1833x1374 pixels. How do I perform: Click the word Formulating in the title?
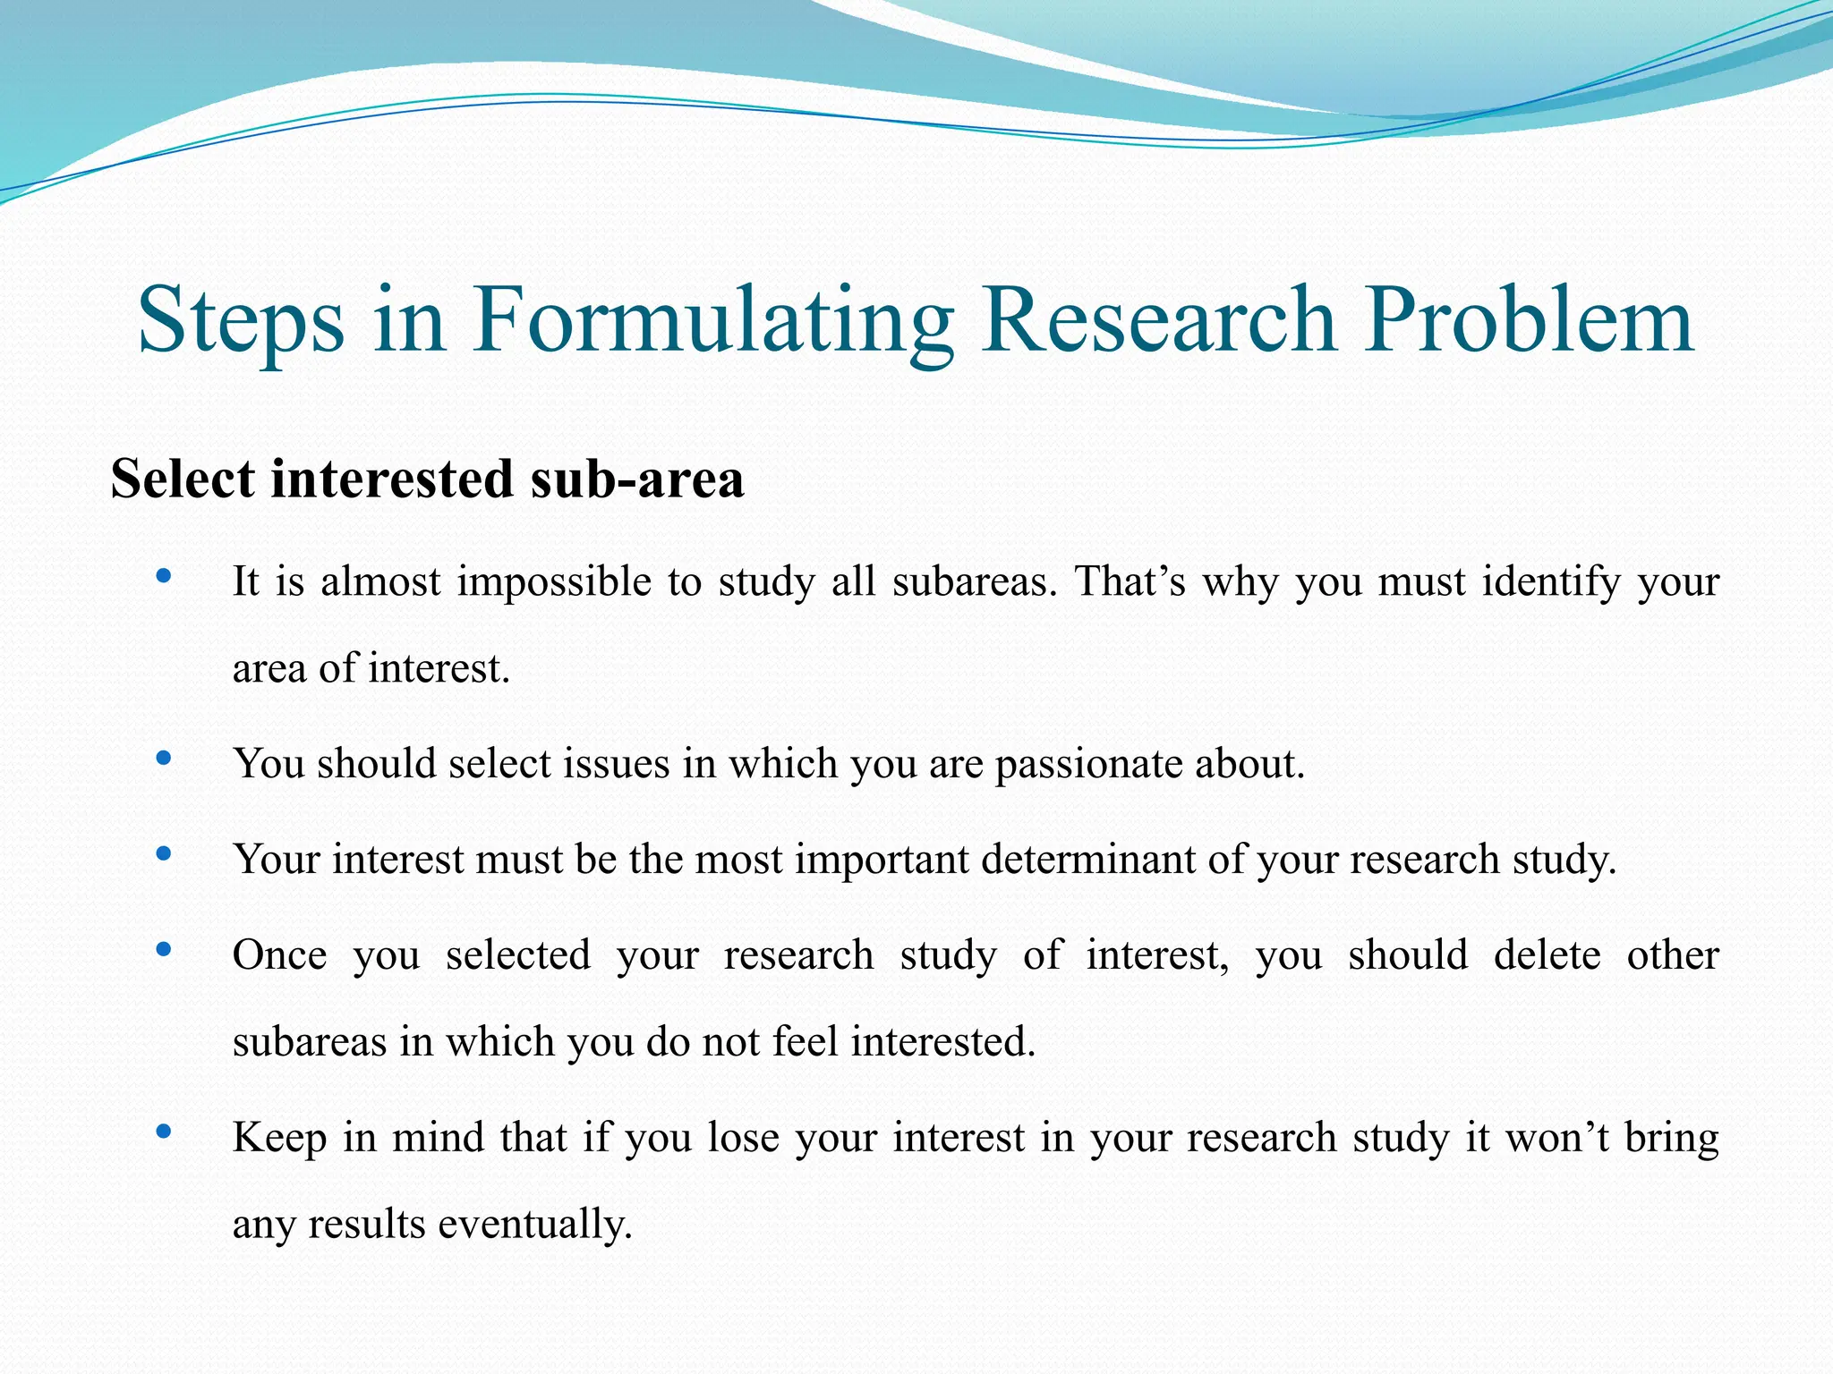coord(712,320)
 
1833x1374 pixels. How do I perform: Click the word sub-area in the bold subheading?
coord(636,479)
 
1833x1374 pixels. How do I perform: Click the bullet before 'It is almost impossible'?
coord(163,577)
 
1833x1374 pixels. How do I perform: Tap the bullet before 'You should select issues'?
coord(163,759)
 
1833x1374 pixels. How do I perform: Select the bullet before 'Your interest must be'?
coord(163,854)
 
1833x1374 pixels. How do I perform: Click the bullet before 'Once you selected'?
coord(163,950)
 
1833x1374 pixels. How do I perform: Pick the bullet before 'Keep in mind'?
coord(163,1132)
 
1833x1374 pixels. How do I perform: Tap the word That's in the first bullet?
coord(1130,582)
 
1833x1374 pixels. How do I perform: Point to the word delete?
coord(1547,955)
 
